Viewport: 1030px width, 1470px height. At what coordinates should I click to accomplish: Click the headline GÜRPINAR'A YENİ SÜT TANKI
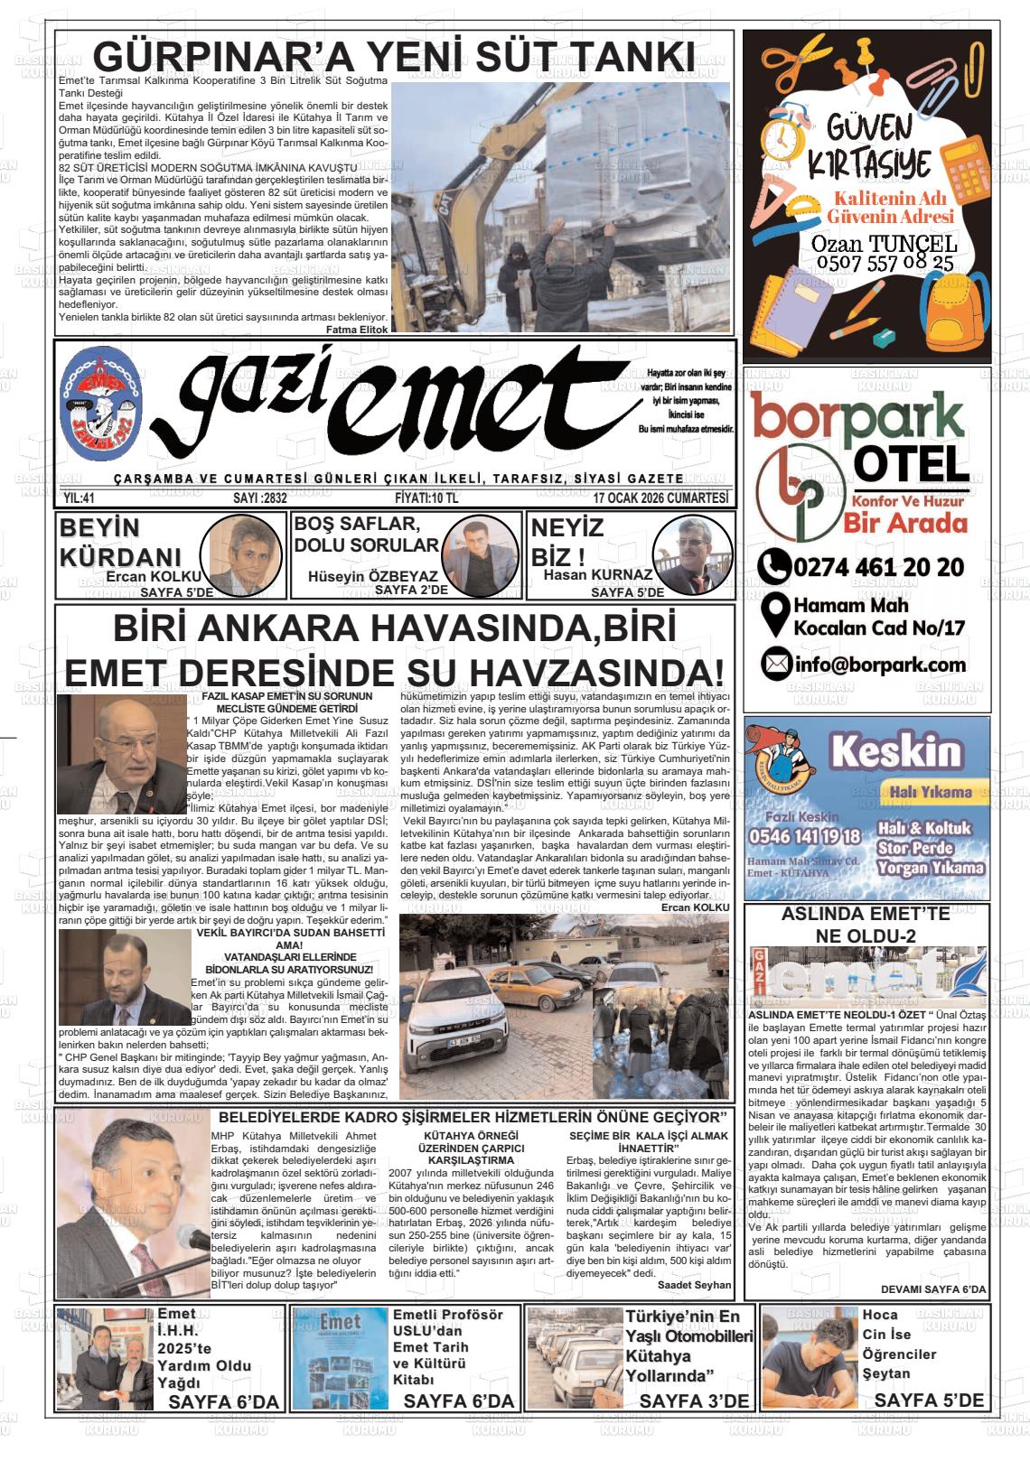(x=394, y=56)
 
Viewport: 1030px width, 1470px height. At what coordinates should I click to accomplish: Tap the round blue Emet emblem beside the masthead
(x=100, y=400)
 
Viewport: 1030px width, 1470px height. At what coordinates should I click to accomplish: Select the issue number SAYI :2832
(x=259, y=498)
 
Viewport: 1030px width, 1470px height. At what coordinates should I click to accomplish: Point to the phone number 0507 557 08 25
(x=885, y=263)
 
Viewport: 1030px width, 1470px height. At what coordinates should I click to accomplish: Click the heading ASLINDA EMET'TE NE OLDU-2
(x=865, y=925)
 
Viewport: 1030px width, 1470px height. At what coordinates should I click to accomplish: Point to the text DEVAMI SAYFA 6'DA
(x=932, y=1289)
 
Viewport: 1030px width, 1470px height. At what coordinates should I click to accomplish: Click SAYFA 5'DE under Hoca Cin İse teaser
(x=929, y=1400)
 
